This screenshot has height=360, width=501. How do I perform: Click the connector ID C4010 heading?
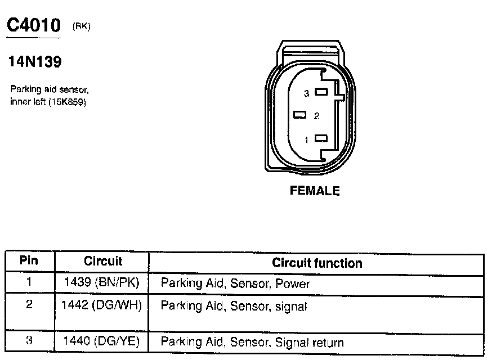(x=33, y=25)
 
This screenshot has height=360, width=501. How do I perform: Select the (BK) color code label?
(x=81, y=26)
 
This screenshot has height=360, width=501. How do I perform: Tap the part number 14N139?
(x=34, y=62)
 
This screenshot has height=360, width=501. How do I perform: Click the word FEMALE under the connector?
(x=315, y=191)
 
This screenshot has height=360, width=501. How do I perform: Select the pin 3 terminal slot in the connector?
(x=321, y=92)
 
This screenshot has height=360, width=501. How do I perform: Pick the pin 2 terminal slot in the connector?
(x=300, y=115)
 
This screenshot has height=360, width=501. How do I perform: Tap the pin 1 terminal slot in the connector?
(x=321, y=138)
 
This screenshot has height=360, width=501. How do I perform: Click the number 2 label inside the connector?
(x=316, y=116)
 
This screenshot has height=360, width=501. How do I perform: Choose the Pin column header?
(x=29, y=261)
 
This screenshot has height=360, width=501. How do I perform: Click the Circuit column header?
(x=103, y=262)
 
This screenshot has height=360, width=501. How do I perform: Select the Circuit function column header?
(x=317, y=263)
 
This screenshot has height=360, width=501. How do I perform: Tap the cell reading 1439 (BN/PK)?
(x=101, y=282)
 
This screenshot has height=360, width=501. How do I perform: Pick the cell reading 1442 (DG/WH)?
(x=101, y=305)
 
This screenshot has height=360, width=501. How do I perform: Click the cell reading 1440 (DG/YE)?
(x=101, y=341)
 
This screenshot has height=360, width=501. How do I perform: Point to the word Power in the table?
(x=293, y=284)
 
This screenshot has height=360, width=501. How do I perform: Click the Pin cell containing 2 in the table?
(x=29, y=305)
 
